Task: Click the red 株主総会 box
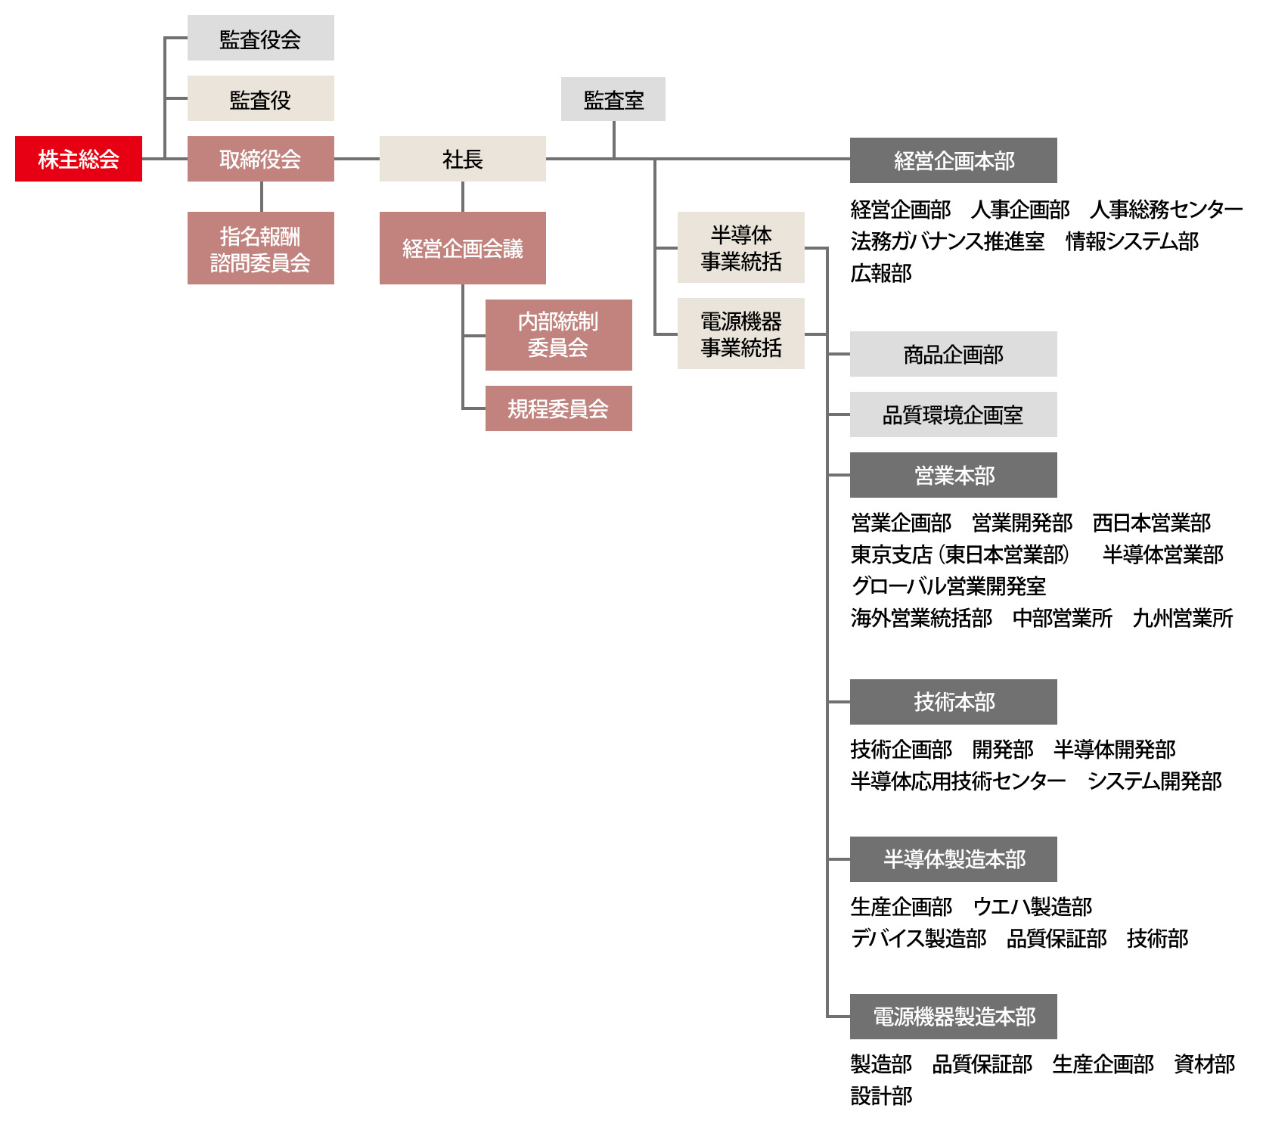[x=79, y=159]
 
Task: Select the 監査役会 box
[x=260, y=38]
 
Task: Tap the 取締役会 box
[x=260, y=159]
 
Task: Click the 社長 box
[x=462, y=159]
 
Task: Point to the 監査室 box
[x=613, y=99]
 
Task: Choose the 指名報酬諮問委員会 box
[x=260, y=248]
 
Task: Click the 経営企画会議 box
[x=462, y=248]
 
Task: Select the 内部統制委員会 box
[x=558, y=334]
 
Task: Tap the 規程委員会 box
[x=558, y=408]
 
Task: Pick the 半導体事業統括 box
[x=740, y=247]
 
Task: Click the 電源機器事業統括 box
[x=740, y=334]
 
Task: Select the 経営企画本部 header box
[x=953, y=160]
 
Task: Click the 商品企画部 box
[x=953, y=354]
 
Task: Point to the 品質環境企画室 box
[x=953, y=415]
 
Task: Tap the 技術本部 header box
[x=953, y=702]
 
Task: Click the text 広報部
[x=881, y=273]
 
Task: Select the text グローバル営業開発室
[x=948, y=586]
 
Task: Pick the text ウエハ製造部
[x=1032, y=906]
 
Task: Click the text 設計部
[x=881, y=1096]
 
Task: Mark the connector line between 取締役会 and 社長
[x=356, y=159]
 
